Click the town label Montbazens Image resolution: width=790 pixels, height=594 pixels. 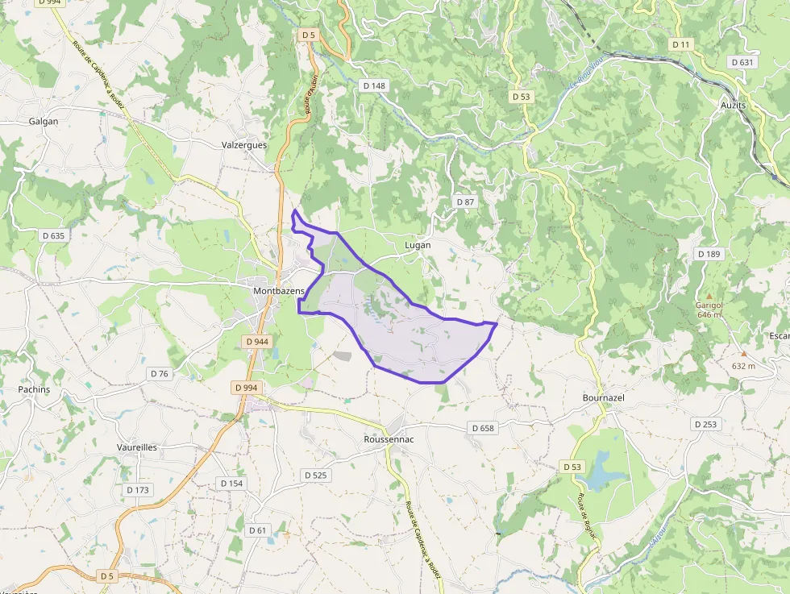(x=279, y=290)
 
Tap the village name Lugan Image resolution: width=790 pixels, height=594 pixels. (x=418, y=245)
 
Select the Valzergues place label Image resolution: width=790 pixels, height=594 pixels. (x=243, y=145)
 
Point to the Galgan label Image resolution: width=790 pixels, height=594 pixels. (x=44, y=122)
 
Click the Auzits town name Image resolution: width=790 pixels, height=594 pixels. (x=733, y=106)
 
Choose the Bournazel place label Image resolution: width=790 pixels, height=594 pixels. (x=604, y=398)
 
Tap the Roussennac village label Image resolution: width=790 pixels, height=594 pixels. (x=389, y=439)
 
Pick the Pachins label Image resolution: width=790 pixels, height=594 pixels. (x=34, y=389)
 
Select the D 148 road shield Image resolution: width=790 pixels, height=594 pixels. (x=375, y=86)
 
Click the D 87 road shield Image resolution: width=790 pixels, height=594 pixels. (x=465, y=201)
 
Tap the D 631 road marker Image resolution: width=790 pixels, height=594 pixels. (x=742, y=62)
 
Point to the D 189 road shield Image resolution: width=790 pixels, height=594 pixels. (x=709, y=254)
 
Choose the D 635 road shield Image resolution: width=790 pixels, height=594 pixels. (x=52, y=236)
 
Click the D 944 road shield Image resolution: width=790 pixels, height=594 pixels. (x=256, y=342)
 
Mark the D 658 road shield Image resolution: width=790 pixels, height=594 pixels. (x=482, y=428)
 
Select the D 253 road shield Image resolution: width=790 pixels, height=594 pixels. (x=705, y=424)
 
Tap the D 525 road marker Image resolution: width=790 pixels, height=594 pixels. (x=316, y=476)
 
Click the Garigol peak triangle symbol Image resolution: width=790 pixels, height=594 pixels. (x=709, y=295)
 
